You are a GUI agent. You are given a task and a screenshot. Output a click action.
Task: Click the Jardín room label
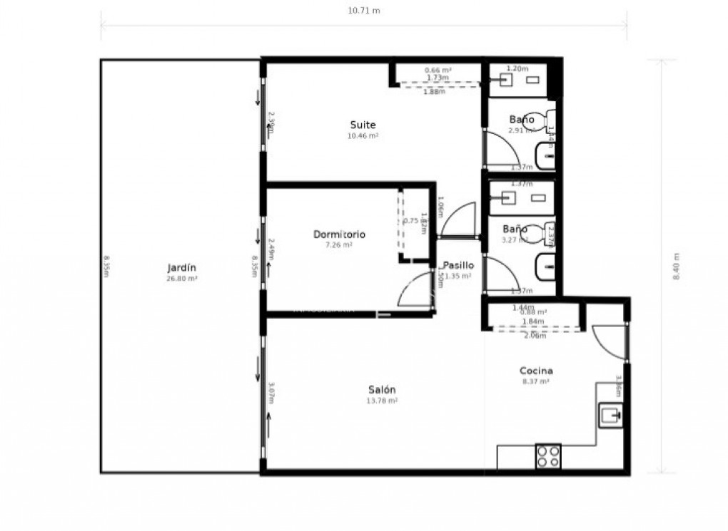[181, 268]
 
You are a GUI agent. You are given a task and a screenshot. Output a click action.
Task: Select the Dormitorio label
[339, 234]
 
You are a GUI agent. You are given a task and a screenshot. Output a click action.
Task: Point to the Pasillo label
[458, 264]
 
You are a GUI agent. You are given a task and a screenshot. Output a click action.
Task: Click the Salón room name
[382, 390]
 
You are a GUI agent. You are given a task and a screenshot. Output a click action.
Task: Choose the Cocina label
[536, 371]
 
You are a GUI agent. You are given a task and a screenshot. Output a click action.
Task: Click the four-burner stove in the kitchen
[547, 456]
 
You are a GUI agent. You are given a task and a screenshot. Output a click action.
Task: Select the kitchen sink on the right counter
[610, 413]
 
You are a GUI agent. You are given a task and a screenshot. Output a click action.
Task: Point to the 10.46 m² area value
[363, 135]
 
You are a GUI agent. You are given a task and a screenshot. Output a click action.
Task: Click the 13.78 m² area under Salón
[382, 401]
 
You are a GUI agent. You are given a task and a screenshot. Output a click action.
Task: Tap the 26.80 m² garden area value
[181, 279]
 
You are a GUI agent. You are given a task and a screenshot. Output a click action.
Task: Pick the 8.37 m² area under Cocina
[536, 382]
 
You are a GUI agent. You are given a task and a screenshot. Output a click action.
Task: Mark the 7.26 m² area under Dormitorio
[339, 245]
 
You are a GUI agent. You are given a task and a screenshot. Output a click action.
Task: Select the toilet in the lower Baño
[550, 233]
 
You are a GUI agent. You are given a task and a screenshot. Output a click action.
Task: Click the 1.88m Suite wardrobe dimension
[434, 92]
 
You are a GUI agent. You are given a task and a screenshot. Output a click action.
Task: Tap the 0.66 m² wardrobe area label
[438, 70]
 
